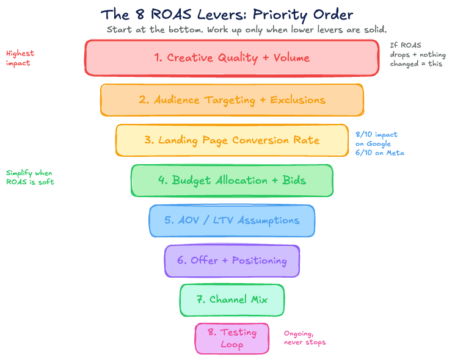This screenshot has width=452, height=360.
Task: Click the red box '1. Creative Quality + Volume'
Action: point(232,58)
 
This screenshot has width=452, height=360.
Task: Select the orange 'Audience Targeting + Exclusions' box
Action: point(232,99)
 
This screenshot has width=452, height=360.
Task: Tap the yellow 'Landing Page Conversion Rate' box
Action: point(232,140)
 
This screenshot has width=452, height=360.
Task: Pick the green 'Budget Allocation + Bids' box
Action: point(232,181)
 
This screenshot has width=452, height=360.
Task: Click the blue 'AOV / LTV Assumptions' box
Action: point(232,220)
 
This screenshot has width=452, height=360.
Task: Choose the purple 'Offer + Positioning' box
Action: point(232,261)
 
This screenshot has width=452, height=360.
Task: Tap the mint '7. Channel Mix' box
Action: point(232,300)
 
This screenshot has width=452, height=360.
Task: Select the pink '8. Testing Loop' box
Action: point(232,338)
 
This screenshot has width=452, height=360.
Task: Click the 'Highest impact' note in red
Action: point(20,58)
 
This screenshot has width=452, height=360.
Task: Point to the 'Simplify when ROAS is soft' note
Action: point(30,178)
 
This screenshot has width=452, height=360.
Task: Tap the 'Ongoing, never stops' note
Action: point(305,338)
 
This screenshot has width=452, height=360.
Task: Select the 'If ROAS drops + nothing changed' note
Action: point(418,54)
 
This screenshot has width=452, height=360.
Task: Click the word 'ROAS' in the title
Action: point(172,14)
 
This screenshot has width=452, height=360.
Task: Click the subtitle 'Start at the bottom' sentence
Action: point(247,29)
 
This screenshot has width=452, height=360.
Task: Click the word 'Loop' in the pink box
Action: point(232,344)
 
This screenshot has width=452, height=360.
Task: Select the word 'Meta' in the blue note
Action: point(394,153)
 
